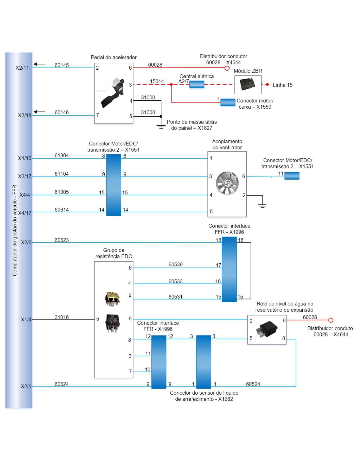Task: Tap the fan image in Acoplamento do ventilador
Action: tap(227, 183)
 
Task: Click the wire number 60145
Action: tap(62, 65)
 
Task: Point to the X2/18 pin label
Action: tap(24, 115)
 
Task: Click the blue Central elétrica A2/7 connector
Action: tap(197, 84)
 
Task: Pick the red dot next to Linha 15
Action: tap(267, 84)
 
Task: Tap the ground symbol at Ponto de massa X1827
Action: tap(161, 127)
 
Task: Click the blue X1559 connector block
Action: tap(228, 102)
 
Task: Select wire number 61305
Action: tap(62, 192)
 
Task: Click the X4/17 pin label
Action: tap(25, 213)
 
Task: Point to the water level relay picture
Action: tap(267, 329)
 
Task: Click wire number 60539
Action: tap(175, 265)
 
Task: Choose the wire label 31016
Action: tap(62, 317)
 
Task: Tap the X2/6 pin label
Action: tap(26, 243)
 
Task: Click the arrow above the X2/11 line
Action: tap(40, 64)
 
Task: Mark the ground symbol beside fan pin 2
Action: tap(262, 206)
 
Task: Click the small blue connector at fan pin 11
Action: tap(292, 176)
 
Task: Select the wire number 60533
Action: tap(175, 281)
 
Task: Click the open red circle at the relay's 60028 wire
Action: tap(331, 320)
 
